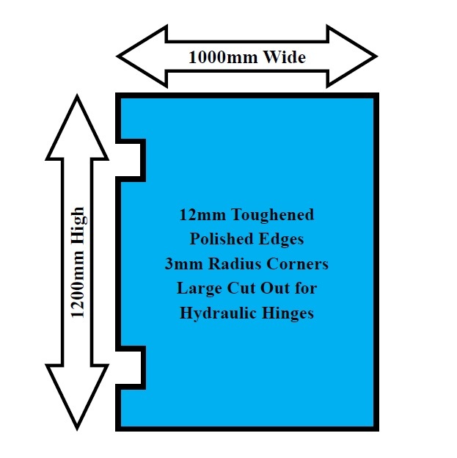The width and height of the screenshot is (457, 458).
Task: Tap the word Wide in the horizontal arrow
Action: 282,57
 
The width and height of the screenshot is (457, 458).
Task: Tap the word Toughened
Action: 272,215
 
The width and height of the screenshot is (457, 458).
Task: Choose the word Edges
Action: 283,239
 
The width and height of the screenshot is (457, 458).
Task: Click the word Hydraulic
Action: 221,313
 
